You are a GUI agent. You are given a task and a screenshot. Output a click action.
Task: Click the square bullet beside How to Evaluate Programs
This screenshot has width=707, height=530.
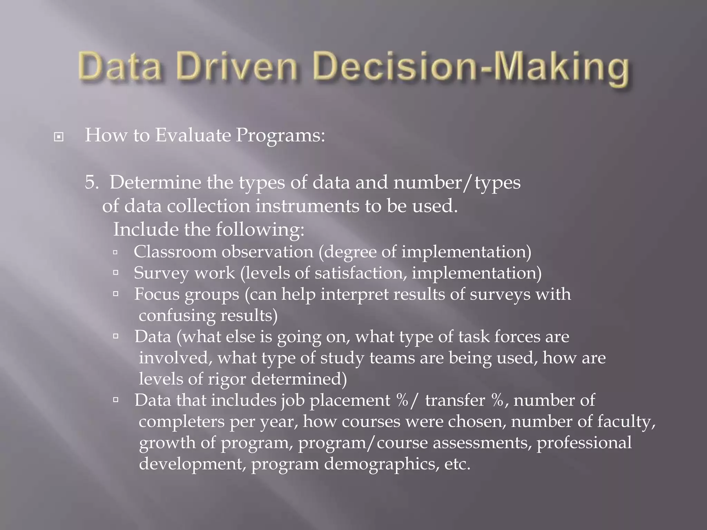point(59,137)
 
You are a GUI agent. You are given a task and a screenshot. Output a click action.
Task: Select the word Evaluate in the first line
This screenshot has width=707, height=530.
point(193,135)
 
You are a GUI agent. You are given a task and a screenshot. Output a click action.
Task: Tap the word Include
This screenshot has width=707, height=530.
point(146,229)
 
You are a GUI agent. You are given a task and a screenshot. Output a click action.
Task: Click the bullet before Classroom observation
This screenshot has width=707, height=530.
point(115,253)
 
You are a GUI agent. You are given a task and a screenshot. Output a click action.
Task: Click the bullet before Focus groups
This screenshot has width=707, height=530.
point(115,294)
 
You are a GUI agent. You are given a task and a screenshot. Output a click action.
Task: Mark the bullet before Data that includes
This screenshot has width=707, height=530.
point(115,400)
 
